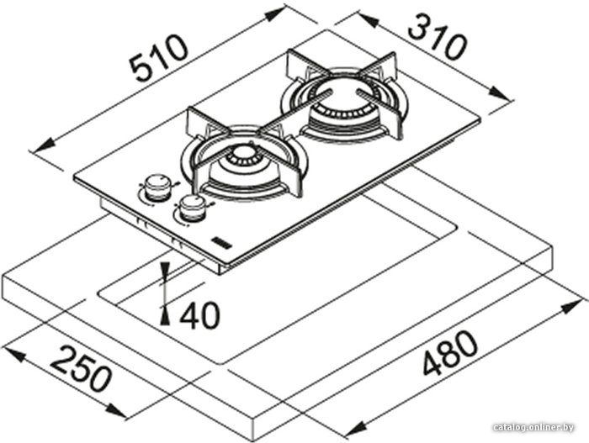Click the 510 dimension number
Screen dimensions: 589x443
(158, 57)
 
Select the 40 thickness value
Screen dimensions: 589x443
(199, 315)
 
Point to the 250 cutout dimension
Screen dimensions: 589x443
(81, 368)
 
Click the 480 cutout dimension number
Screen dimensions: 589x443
(450, 352)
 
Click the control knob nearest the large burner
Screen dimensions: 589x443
(157, 187)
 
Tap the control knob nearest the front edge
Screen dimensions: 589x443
(193, 208)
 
